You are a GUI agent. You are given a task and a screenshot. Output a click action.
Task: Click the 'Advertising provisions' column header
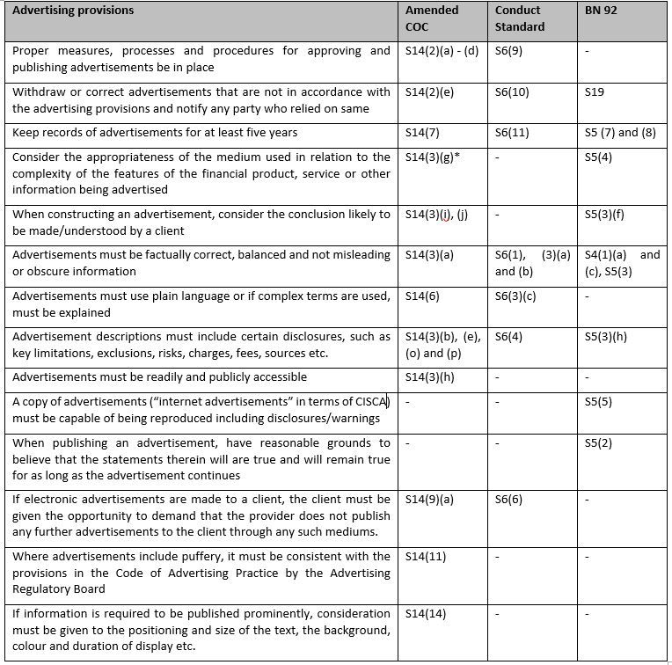(73, 11)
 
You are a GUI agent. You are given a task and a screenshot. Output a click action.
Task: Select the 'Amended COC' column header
(431, 18)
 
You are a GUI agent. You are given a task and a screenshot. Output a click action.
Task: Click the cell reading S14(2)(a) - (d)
(442, 51)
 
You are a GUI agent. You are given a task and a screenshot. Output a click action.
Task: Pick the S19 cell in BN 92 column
(595, 91)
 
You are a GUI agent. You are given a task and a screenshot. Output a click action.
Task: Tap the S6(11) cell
(513, 133)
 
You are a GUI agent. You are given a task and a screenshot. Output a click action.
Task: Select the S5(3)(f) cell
(604, 215)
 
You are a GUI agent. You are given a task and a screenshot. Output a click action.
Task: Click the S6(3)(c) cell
(515, 296)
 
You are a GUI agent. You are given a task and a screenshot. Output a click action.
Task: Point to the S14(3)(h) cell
(430, 377)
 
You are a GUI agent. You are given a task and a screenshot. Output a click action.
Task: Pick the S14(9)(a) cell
(429, 500)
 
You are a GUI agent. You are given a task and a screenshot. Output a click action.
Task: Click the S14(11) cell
(427, 557)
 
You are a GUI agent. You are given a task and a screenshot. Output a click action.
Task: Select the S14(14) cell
(427, 614)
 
